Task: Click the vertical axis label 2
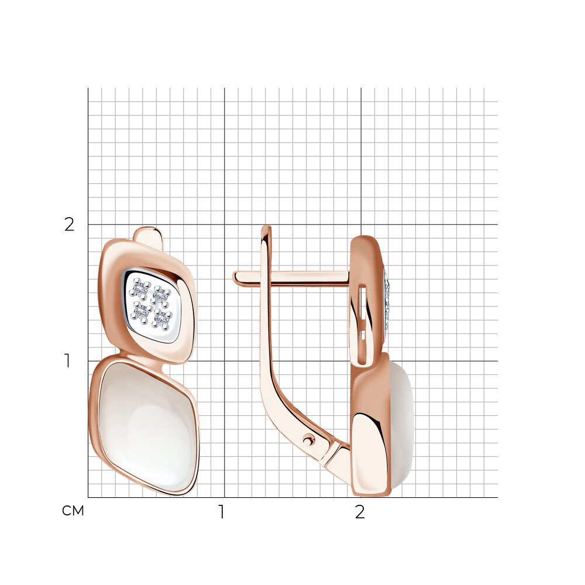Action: point(70,225)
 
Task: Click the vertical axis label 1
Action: point(67,361)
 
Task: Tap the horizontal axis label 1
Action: point(222,512)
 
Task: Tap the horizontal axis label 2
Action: point(360,512)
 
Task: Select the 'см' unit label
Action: point(73,511)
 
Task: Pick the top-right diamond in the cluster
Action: point(161,294)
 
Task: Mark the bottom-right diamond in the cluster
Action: point(162,318)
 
